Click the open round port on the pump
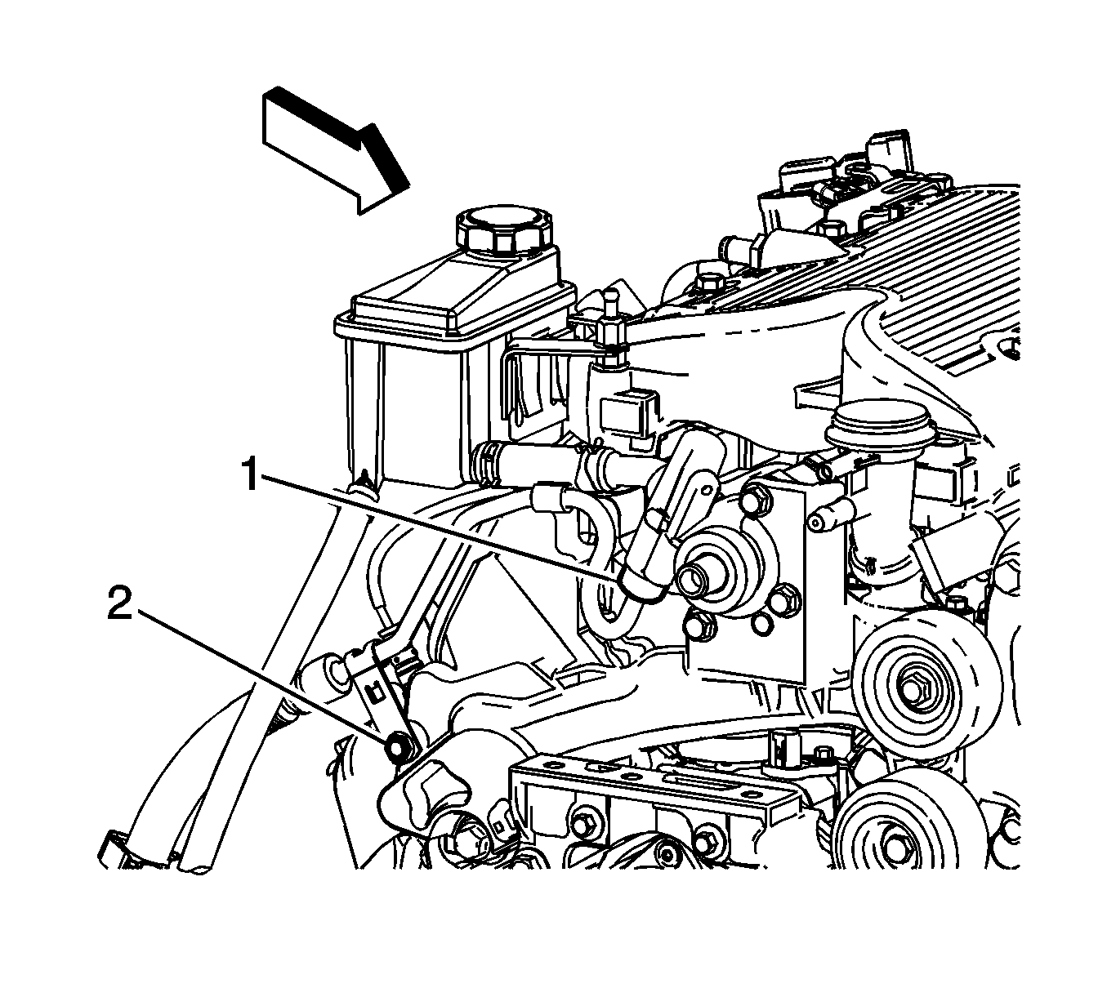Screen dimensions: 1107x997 [x=694, y=579]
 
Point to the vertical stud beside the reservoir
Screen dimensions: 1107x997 [x=610, y=330]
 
